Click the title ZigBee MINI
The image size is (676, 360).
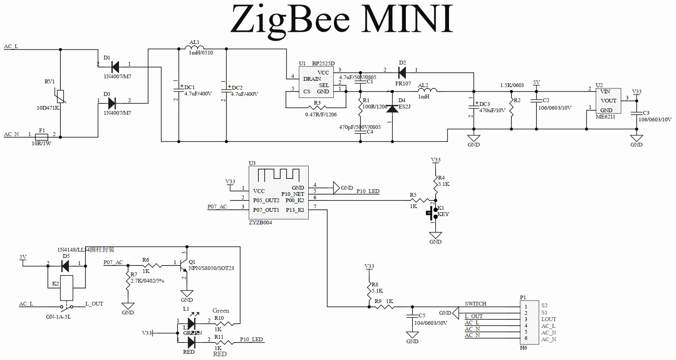coord(341,20)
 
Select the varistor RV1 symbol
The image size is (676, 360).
coord(60,97)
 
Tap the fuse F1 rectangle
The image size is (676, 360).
coord(42,136)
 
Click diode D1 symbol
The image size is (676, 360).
coord(114,67)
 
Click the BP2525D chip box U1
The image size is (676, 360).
coord(316,82)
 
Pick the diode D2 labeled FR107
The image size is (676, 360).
coord(402,72)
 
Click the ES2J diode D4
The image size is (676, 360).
coord(392,108)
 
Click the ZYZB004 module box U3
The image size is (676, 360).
coord(279,192)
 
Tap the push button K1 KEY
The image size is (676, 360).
coord(431,213)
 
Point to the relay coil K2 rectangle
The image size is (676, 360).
coord(67,288)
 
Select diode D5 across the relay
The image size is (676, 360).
coord(65,265)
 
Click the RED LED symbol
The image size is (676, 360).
coord(191,342)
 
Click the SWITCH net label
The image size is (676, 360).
coord(475,304)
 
